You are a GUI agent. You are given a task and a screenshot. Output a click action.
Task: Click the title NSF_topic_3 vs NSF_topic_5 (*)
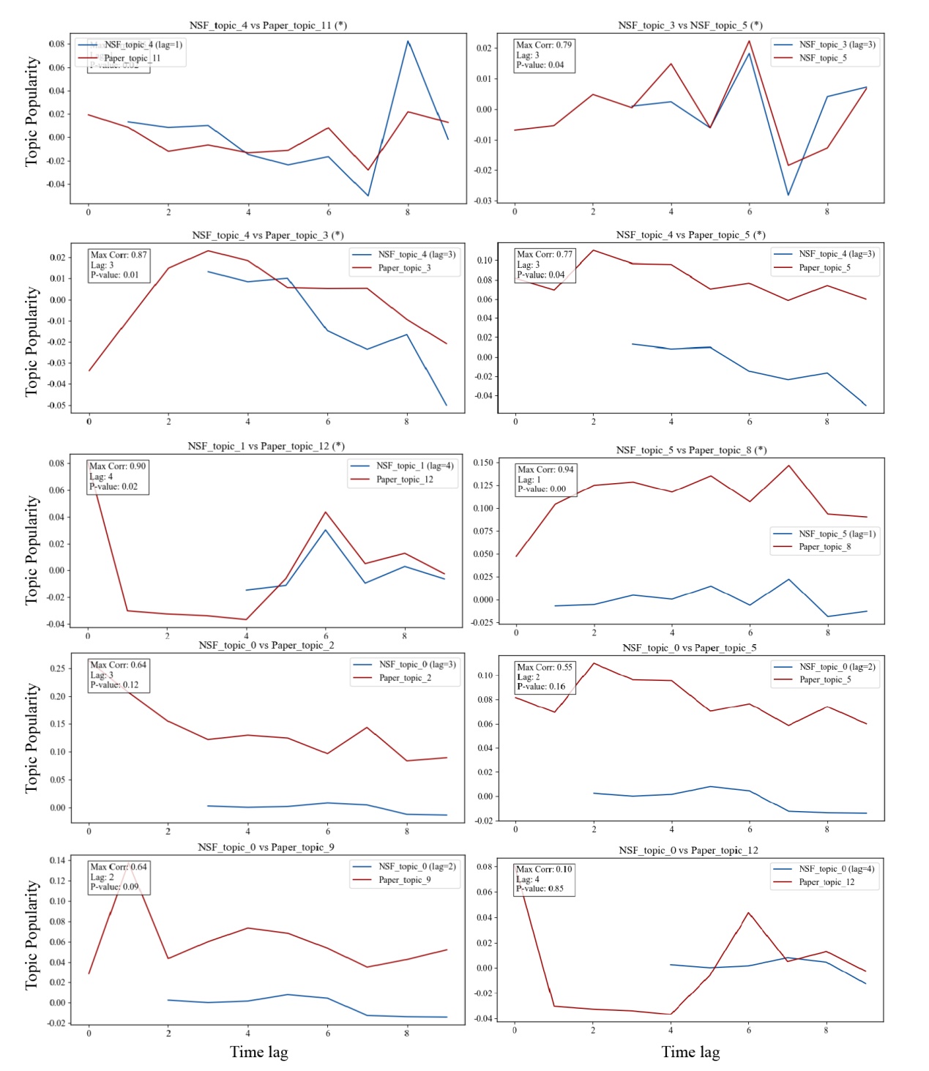pos(690,25)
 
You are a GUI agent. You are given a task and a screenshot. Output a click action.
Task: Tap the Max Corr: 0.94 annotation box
pos(545,479)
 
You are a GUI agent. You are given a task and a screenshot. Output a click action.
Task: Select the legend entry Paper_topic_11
pos(132,58)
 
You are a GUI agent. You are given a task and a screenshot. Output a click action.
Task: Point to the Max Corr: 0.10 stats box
pos(544,878)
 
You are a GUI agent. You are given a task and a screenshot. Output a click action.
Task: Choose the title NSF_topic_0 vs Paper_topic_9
pos(266,847)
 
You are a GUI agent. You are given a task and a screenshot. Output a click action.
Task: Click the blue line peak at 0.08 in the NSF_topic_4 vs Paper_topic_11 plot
pos(408,41)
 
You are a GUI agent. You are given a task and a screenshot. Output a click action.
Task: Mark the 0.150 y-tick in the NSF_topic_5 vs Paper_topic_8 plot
pos(482,463)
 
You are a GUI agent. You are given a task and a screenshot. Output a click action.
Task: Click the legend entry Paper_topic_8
pos(824,547)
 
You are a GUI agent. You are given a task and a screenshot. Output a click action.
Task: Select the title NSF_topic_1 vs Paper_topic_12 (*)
pos(266,446)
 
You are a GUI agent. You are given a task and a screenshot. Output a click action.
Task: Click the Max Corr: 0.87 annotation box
pos(119,265)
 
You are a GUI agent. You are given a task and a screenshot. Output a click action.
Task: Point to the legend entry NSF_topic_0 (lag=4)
pos(837,869)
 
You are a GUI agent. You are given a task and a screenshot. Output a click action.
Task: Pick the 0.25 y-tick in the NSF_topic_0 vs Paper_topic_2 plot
pos(58,668)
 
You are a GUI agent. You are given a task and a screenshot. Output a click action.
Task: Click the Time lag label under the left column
pos(258,1052)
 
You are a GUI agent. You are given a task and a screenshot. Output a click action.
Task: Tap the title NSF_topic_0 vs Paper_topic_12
pos(688,850)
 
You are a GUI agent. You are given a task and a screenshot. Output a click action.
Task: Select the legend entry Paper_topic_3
pos(404,268)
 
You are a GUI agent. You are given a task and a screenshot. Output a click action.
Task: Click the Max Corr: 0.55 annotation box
pos(545,676)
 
